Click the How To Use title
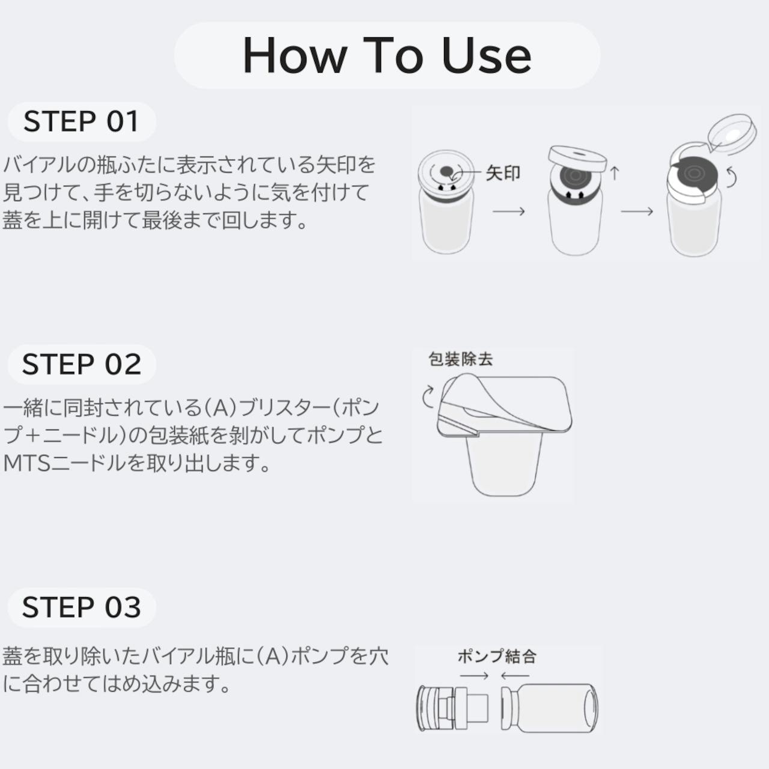(387, 55)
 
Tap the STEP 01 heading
(81, 121)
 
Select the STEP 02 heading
(82, 364)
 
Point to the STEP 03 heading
(82, 607)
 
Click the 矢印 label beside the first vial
(503, 173)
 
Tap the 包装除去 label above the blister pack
(461, 359)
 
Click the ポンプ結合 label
(497, 657)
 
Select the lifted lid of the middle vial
(577, 158)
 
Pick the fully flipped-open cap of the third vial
(732, 134)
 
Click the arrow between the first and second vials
(508, 211)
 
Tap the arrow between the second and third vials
(637, 211)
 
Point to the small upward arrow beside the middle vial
(615, 173)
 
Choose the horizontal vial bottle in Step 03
(550, 708)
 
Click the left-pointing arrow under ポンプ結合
(515, 676)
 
